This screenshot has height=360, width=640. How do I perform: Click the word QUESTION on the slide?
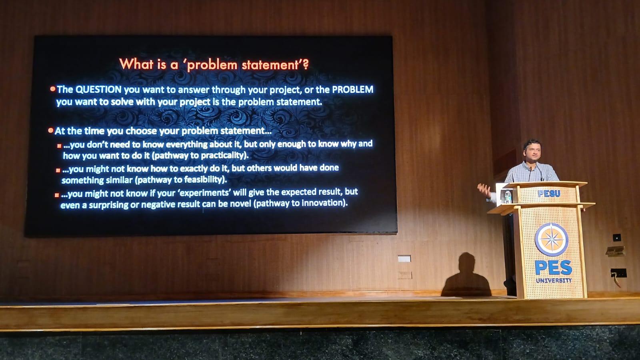(x=98, y=90)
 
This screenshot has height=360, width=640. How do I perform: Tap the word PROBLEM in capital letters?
(x=352, y=90)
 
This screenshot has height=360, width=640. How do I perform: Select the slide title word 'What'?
(x=136, y=64)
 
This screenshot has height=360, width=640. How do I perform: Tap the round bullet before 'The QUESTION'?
(x=53, y=89)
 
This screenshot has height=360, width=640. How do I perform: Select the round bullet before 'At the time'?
(x=51, y=130)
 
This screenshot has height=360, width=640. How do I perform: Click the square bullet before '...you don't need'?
(x=59, y=146)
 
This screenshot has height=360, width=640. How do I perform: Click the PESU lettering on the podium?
(x=549, y=194)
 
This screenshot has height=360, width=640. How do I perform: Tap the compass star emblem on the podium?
(x=552, y=240)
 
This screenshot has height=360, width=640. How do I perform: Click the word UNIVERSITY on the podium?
(x=554, y=280)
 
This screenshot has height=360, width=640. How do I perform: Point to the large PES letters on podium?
(x=554, y=268)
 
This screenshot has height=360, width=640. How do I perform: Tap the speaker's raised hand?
(x=484, y=190)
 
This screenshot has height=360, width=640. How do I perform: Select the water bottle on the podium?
(x=508, y=197)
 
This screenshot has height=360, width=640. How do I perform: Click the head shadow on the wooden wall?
(x=466, y=262)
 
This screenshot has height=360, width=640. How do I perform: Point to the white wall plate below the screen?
(x=404, y=258)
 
